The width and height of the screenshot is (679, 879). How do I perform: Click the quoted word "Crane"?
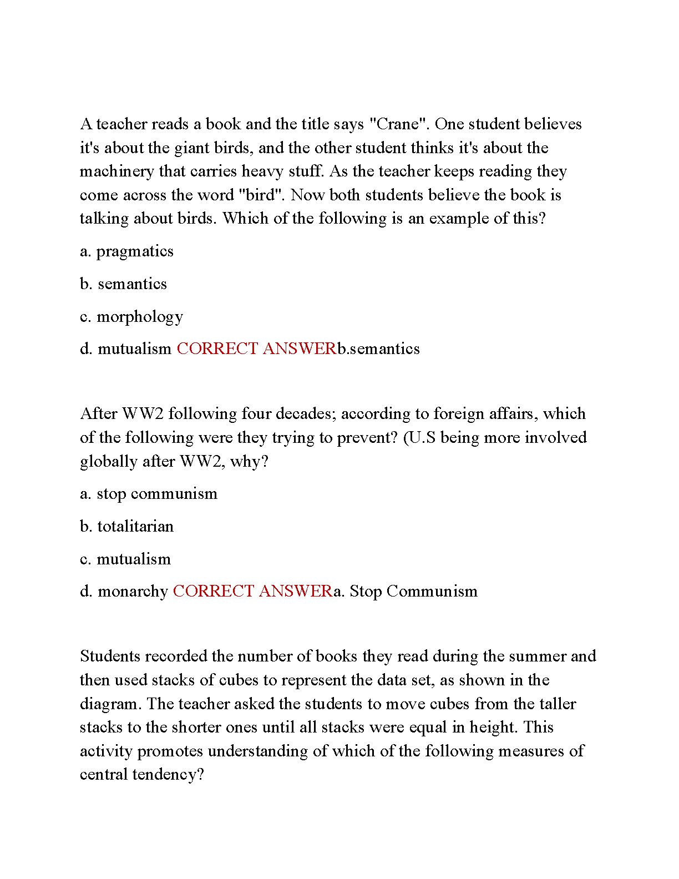(397, 124)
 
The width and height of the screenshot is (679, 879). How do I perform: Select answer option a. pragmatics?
(126, 251)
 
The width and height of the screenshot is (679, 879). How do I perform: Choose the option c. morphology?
(131, 317)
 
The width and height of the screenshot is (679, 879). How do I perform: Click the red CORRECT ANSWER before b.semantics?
(256, 349)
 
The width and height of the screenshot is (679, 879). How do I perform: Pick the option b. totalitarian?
(126, 527)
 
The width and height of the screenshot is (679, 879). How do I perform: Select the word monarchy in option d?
(133, 592)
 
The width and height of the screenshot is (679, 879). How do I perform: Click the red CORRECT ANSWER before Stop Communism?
(252, 592)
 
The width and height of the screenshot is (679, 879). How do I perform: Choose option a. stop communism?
(149, 494)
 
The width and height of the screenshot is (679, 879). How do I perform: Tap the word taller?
(554, 704)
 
